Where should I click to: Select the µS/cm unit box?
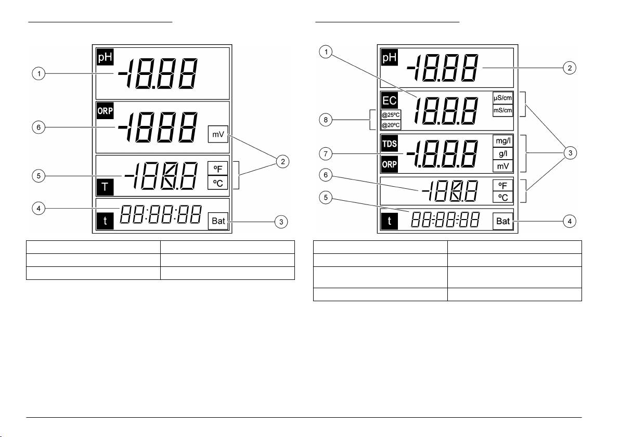503,98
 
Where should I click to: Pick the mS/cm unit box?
503,110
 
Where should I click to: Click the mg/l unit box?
503,142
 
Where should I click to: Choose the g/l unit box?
503,154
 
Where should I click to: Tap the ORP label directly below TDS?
390,165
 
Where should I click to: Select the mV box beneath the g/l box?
503,166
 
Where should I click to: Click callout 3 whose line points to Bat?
281,222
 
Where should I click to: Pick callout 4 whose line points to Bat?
570,221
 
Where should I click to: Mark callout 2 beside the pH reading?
570,68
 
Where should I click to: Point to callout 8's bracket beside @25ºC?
371,120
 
